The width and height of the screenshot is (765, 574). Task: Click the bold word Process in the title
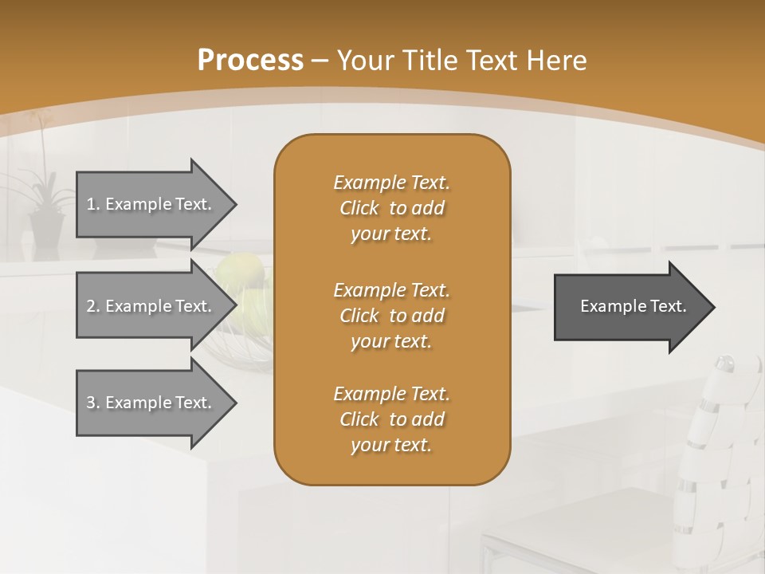(x=250, y=61)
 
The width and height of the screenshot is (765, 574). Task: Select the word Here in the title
(x=557, y=61)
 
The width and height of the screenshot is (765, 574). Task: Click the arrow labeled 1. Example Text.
(x=151, y=204)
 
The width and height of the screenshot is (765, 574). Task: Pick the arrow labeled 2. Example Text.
(x=151, y=306)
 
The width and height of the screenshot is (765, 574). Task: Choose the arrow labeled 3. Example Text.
(x=151, y=403)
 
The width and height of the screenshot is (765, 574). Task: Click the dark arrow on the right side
(x=630, y=306)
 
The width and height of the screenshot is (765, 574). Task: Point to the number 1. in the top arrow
(x=93, y=204)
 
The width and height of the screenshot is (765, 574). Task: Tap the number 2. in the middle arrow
(x=93, y=306)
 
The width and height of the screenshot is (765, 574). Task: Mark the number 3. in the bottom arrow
(x=93, y=403)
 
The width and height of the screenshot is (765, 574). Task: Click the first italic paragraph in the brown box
(x=391, y=208)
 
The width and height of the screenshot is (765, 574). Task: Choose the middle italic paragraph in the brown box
(x=391, y=315)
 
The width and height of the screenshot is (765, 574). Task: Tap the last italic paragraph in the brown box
(x=391, y=419)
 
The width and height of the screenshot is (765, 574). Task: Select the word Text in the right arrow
(x=668, y=306)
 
